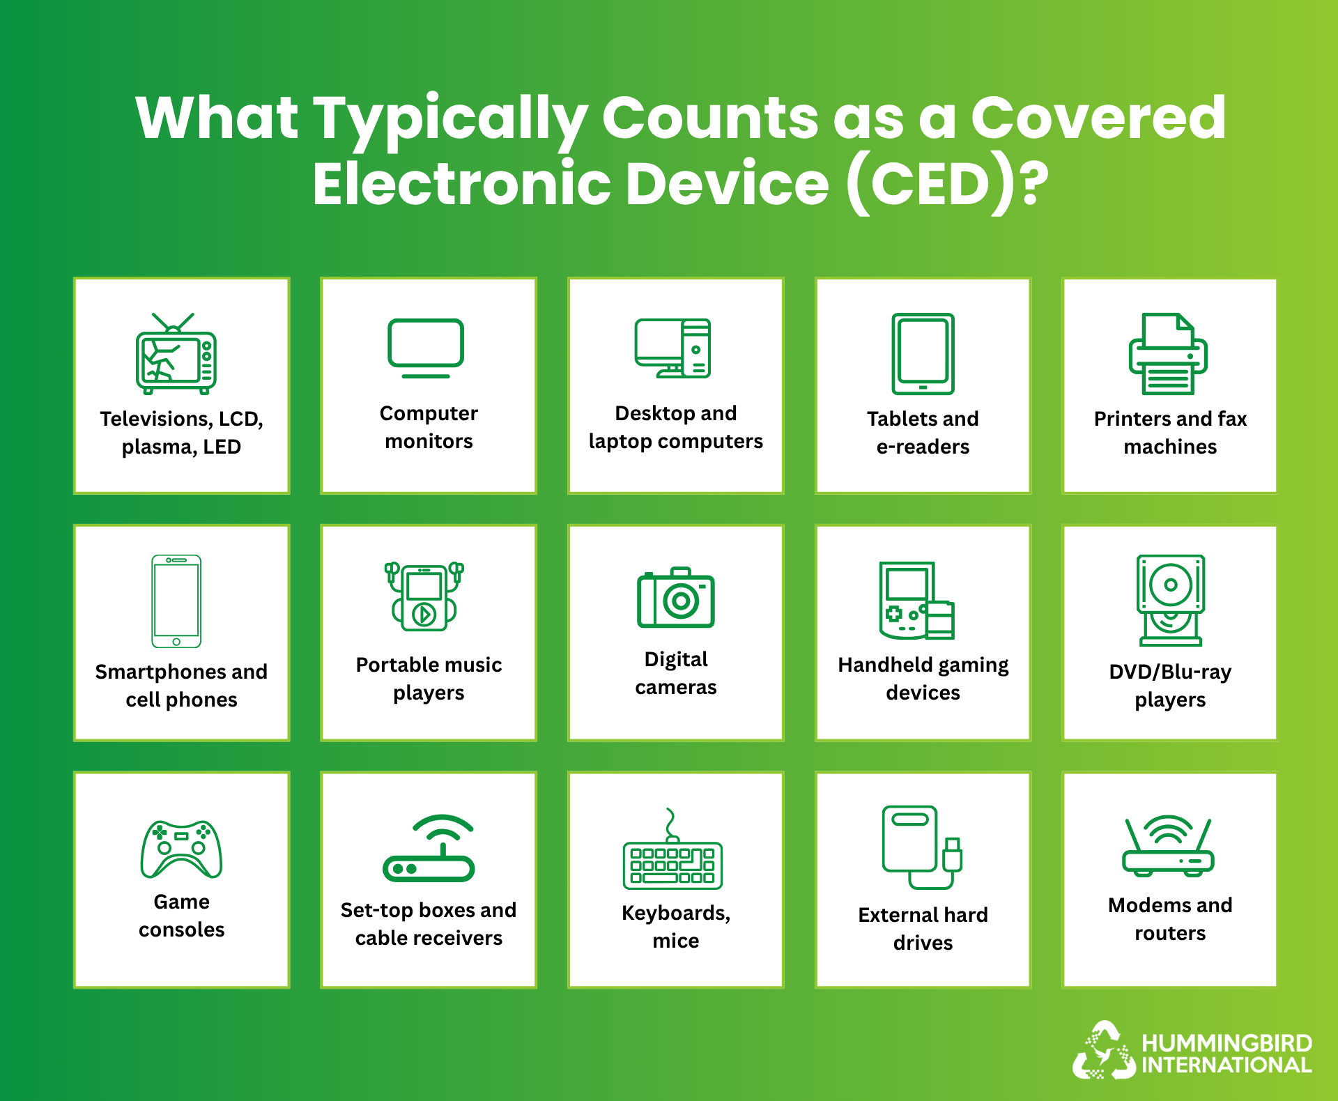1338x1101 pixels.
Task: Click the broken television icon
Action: [176, 353]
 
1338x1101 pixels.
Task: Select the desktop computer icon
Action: [672, 348]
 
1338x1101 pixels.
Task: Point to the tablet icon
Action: [923, 354]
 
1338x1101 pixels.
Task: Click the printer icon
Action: [1169, 354]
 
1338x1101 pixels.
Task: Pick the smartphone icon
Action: [176, 601]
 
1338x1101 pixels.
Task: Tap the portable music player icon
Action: [424, 596]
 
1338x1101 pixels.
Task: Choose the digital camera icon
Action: [676, 597]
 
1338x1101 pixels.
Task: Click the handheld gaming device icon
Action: [916, 601]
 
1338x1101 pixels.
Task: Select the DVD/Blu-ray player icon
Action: [1171, 601]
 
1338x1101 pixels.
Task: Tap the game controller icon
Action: [181, 849]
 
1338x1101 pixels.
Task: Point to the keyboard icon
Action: [672, 849]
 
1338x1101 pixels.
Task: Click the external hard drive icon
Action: [922, 847]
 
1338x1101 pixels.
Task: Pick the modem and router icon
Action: [1169, 845]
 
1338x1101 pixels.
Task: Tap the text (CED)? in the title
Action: [948, 185]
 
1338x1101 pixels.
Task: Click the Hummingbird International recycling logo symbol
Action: [1105, 1051]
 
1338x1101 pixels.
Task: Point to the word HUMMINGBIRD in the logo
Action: [1227, 1043]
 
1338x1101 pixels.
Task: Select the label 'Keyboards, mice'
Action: [676, 927]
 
